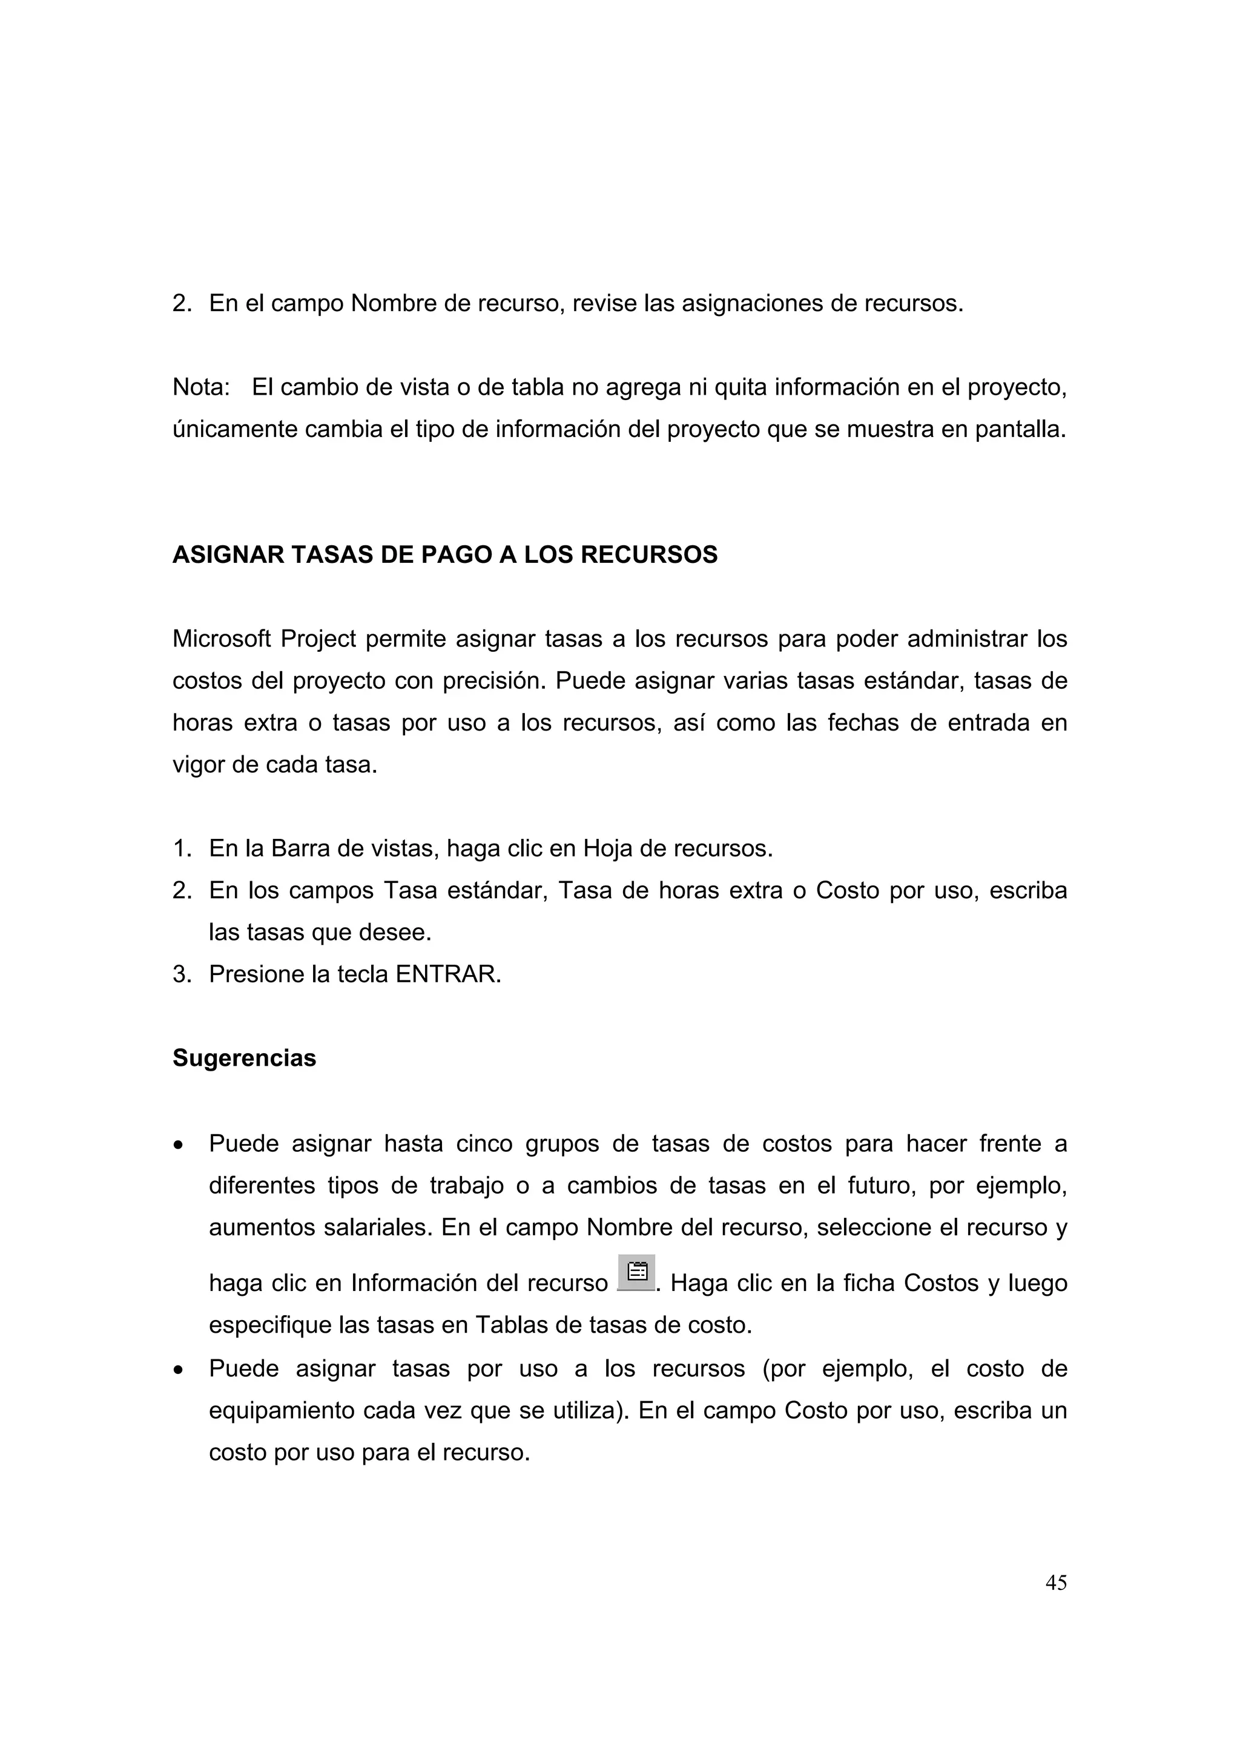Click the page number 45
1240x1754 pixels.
pyautogui.click(x=1055, y=1582)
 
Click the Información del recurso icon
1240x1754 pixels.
pyautogui.click(x=636, y=1272)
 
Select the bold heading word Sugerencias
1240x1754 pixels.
pyautogui.click(x=244, y=1058)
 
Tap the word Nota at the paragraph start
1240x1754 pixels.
pyautogui.click(x=199, y=387)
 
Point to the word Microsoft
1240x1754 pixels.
pyautogui.click(x=221, y=639)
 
